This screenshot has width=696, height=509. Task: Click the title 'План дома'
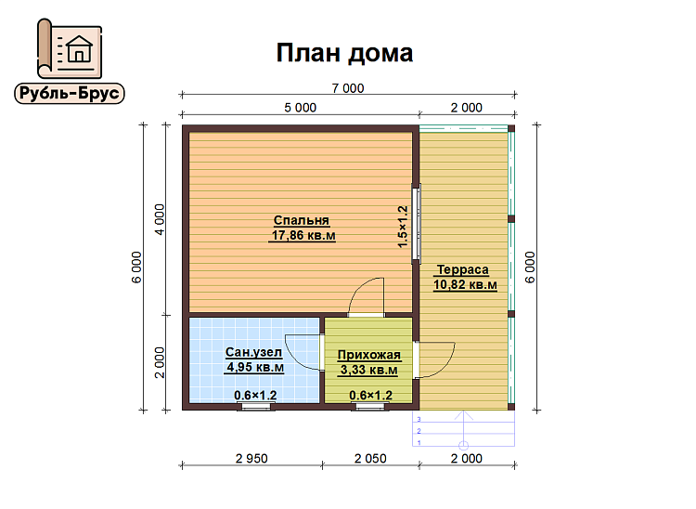344,53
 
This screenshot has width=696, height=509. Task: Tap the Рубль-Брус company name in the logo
70,93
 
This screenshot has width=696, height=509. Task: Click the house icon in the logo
79,46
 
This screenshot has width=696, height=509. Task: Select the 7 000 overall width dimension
347,88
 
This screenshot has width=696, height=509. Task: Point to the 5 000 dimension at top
300,108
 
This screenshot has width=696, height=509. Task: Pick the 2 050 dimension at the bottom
369,458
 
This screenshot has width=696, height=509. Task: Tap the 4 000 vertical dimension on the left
161,221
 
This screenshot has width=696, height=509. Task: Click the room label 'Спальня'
302,221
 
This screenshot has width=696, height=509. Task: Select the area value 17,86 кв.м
303,237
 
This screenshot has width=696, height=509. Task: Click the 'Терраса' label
463,269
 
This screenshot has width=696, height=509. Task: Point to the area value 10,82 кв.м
464,285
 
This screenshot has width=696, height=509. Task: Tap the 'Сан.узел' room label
253,352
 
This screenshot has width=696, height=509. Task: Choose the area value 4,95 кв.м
254,368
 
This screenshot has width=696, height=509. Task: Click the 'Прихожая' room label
369,355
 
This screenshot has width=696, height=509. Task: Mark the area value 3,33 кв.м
369,371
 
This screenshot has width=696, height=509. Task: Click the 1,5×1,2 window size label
403,225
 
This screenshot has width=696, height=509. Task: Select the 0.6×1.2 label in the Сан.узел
255,396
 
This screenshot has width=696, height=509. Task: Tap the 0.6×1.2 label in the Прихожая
370,396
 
